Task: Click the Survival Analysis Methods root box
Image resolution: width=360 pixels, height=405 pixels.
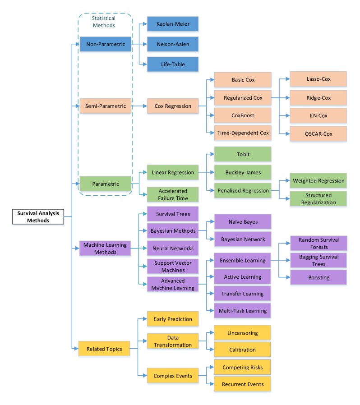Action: pyautogui.click(x=38, y=216)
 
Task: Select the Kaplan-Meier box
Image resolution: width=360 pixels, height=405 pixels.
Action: pyautogui.click(x=173, y=24)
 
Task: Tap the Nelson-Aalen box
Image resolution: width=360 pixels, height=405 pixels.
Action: pyautogui.click(x=173, y=44)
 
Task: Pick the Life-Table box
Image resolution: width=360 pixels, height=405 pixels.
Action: pyautogui.click(x=173, y=64)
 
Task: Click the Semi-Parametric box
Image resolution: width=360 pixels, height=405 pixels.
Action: pyautogui.click(x=106, y=106)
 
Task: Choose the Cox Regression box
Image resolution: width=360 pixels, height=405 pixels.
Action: pyautogui.click(x=173, y=106)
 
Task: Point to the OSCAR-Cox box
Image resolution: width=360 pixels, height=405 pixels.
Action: pyautogui.click(x=318, y=134)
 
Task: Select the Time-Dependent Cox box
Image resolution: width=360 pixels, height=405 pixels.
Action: pyautogui.click(x=243, y=133)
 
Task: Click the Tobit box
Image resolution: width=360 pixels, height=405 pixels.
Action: pyautogui.click(x=243, y=154)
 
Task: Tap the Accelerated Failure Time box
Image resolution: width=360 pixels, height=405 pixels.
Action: pyautogui.click(x=173, y=194)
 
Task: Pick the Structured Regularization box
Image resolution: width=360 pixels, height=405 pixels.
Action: pyautogui.click(x=318, y=198)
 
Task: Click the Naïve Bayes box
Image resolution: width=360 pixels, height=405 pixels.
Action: pyautogui.click(x=243, y=221)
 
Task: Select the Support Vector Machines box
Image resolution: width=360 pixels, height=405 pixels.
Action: pyautogui.click(x=173, y=266)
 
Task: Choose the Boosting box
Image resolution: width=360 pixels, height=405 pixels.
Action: pyautogui.click(x=318, y=277)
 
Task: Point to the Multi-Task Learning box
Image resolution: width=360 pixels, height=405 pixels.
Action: pyautogui.click(x=242, y=310)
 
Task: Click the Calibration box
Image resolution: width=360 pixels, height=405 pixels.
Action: pyautogui.click(x=242, y=350)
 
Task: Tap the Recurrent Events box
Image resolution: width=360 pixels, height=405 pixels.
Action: pyautogui.click(x=242, y=384)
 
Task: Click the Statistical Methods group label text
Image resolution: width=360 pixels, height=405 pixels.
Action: pyautogui.click(x=104, y=22)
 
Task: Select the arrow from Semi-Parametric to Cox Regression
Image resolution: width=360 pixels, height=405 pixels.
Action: pyautogui.click(x=139, y=106)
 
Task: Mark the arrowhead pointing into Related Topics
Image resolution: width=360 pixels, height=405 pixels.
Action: pyautogui.click(x=76, y=349)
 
